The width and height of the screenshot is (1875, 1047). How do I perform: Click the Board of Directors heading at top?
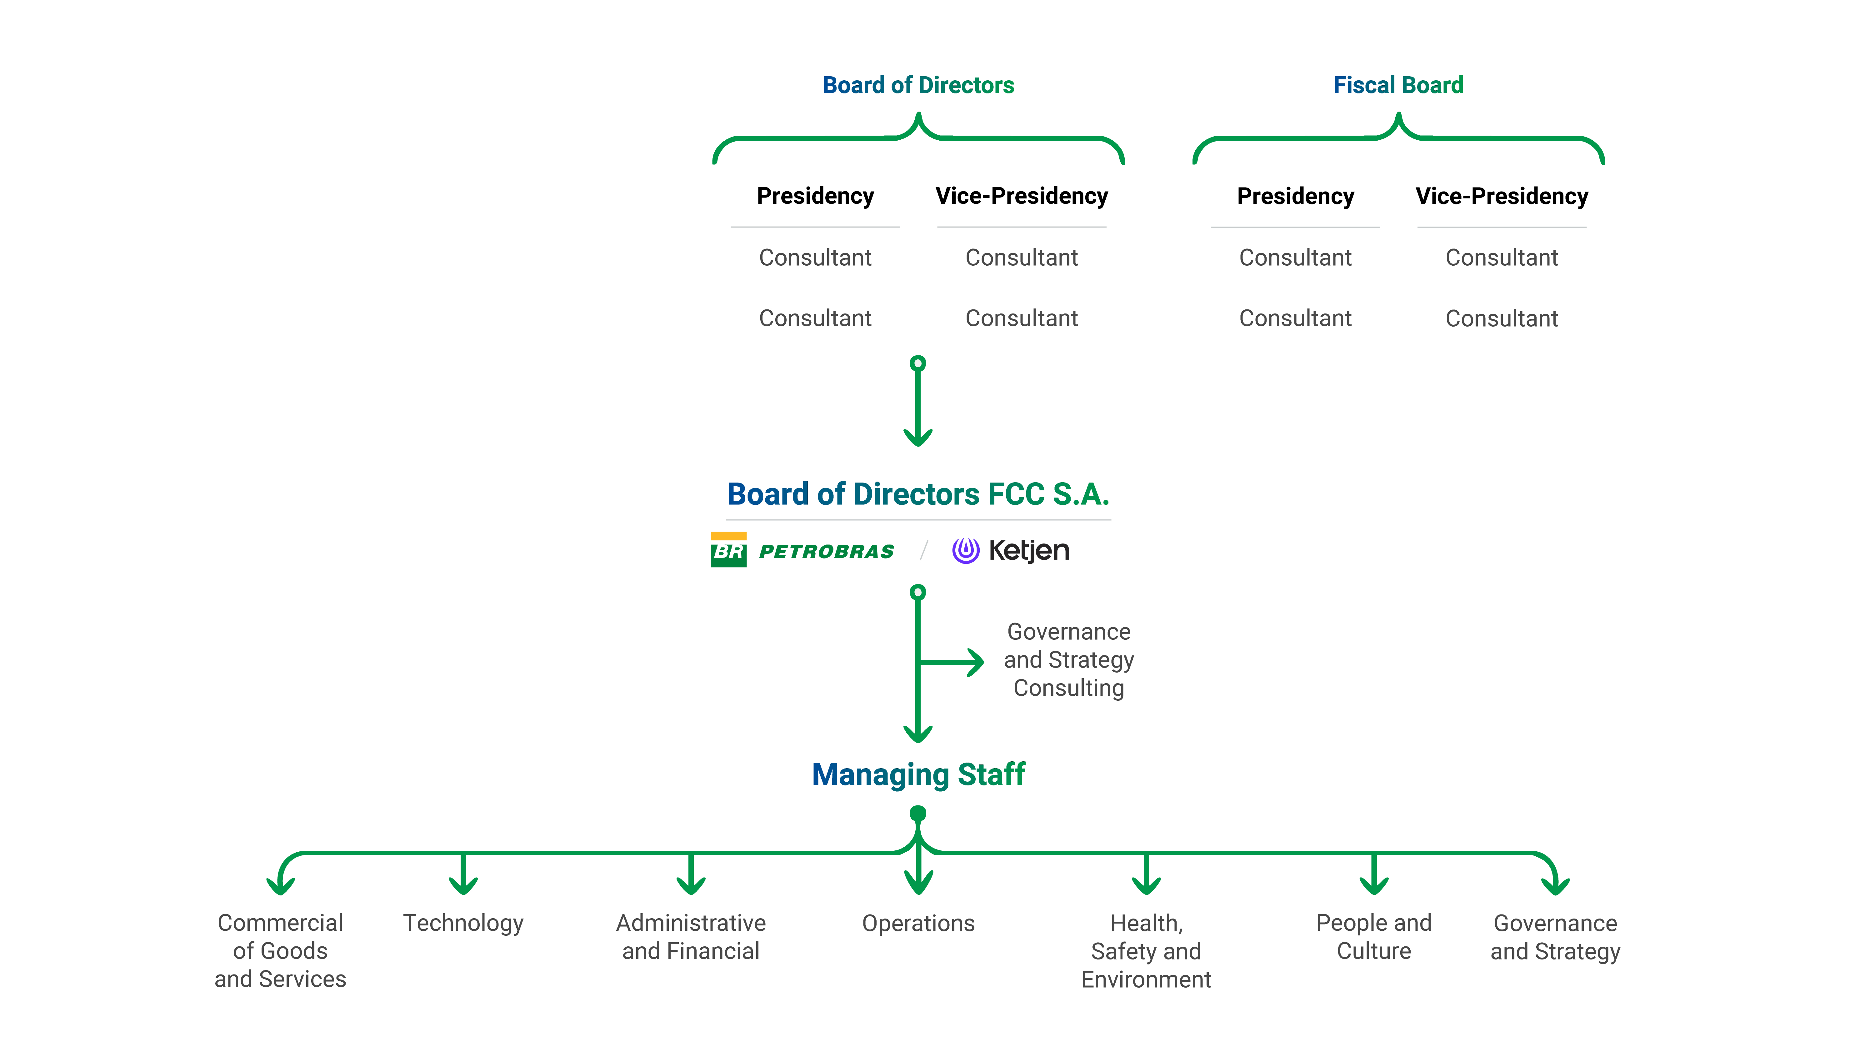pyautogui.click(x=918, y=85)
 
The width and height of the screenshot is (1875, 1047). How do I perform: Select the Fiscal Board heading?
pyautogui.click(x=1397, y=85)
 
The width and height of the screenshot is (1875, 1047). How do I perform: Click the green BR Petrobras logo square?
pyautogui.click(x=728, y=550)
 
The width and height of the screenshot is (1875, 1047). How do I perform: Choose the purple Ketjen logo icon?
pyautogui.click(x=965, y=550)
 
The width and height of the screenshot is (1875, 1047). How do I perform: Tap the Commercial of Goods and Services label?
pyautogui.click(x=280, y=951)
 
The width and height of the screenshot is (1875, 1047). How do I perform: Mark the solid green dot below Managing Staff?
pyautogui.click(x=918, y=813)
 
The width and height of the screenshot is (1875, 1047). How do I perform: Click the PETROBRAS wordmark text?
pyautogui.click(x=826, y=551)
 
